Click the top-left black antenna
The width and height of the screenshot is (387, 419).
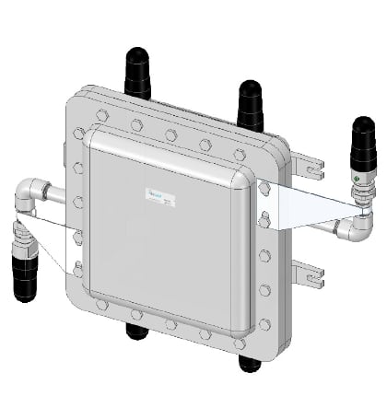click(x=136, y=73)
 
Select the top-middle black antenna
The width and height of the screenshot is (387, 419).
click(x=250, y=104)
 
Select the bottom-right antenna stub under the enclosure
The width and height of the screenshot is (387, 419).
click(x=250, y=362)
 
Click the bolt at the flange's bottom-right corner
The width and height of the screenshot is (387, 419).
click(x=265, y=324)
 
